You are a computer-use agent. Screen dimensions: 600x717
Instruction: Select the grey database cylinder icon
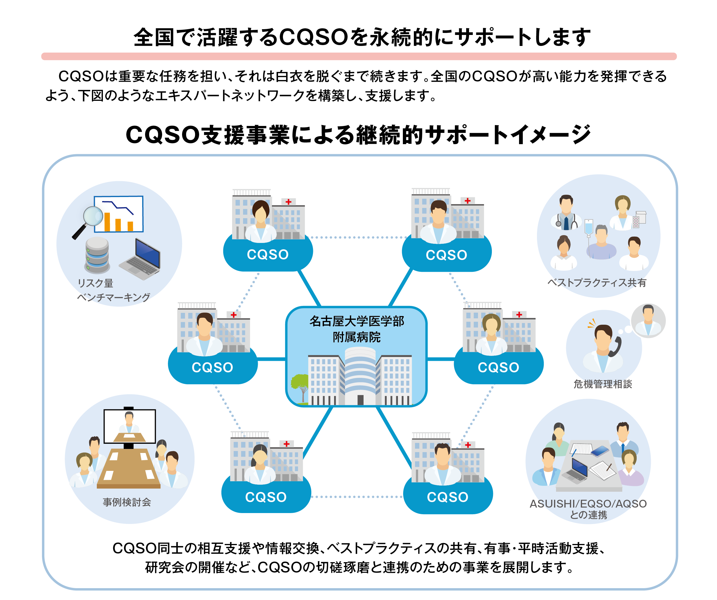coord(97,255)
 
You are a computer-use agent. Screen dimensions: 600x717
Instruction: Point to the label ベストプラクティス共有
coord(596,283)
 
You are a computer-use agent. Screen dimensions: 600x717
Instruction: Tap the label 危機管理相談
coord(603,384)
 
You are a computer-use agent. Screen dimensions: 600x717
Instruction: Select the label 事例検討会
coord(127,502)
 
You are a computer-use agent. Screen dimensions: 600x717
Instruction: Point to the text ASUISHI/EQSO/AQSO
coord(588,504)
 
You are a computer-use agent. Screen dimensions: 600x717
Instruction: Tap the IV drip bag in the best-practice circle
coord(588,228)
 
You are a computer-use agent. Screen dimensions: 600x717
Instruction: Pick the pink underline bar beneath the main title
coord(358,56)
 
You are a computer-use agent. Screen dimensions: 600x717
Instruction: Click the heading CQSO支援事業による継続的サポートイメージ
coord(358,135)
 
